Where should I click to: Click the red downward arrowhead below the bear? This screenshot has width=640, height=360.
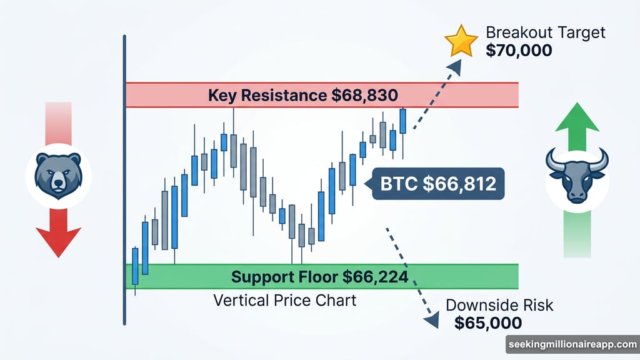point(58,240)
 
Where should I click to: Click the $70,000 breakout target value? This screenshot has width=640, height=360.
point(519,50)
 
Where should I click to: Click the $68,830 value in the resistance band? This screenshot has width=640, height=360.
point(363,96)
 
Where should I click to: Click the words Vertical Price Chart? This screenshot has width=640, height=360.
point(285,300)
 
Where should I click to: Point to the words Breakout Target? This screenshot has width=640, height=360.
point(546,32)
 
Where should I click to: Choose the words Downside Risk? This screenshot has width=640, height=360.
point(499,306)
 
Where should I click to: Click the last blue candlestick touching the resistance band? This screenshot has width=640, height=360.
point(403,121)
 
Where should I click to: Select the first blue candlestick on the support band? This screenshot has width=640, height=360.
point(135,267)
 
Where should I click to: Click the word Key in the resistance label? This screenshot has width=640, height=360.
point(222,96)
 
